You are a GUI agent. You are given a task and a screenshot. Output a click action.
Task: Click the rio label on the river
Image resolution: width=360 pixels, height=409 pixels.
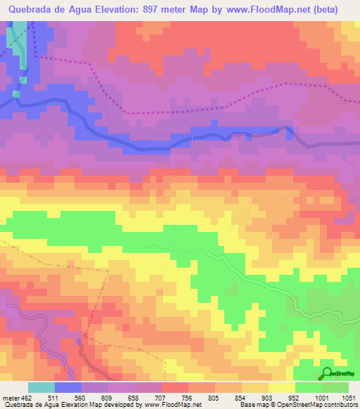coord(236,135)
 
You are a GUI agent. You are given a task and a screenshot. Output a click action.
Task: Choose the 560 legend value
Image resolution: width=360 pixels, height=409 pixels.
coord(94,398)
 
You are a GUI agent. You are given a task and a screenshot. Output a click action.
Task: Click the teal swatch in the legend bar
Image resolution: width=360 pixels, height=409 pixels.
coord(41,388)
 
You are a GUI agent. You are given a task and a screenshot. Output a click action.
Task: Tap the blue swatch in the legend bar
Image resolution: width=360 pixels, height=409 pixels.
coord(68,388)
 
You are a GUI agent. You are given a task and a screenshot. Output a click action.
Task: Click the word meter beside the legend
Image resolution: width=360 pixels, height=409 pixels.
coord(8,398)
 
